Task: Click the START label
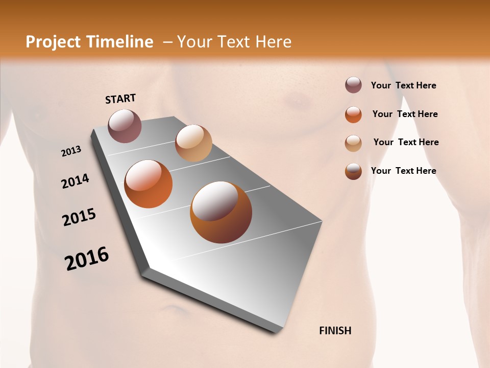tap(120, 99)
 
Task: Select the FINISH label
tap(335, 331)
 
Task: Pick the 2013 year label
tap(71, 151)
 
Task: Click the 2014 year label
tap(75, 181)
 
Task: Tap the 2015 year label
tap(79, 217)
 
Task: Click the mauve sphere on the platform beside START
tap(125, 126)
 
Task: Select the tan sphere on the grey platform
tap(193, 143)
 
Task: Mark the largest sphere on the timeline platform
tap(221, 212)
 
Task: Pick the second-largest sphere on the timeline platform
tap(149, 184)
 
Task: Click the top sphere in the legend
tap(353, 85)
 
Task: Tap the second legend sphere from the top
tap(353, 114)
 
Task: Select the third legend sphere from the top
tap(353, 143)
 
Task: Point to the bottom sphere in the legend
tap(353, 171)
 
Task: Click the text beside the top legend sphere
tap(403, 86)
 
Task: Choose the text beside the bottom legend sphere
tap(403, 171)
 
